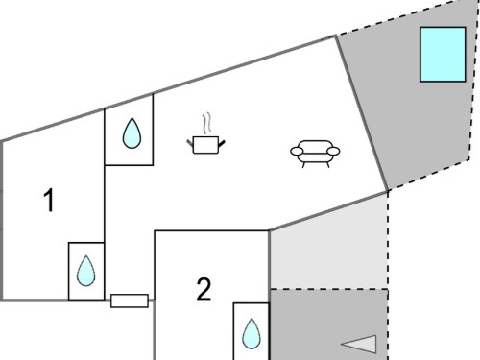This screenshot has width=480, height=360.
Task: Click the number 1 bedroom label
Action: click(49, 200)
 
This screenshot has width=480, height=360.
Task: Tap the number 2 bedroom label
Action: click(204, 289)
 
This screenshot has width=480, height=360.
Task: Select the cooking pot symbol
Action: click(206, 145)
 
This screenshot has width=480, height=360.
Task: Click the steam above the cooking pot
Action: click(207, 122)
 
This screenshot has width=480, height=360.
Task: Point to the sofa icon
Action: click(315, 154)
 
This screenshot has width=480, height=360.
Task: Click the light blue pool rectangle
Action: click(443, 55)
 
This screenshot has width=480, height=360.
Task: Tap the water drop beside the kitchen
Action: click(132, 133)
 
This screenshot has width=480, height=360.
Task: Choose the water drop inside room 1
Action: click(86, 271)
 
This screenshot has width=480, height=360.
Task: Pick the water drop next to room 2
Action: click(252, 333)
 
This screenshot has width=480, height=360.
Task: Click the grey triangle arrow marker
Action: click(360, 345)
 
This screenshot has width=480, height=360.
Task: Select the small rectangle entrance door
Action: click(130, 300)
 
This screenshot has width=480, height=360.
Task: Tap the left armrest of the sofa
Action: click(297, 151)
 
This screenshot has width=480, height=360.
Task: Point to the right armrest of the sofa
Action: click(333, 151)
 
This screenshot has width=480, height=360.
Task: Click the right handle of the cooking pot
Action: click(222, 144)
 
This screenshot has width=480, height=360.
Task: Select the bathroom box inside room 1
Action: click(86, 272)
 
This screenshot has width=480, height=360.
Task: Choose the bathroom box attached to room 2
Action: click(252, 331)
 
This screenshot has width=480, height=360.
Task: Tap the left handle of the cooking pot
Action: click(190, 143)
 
